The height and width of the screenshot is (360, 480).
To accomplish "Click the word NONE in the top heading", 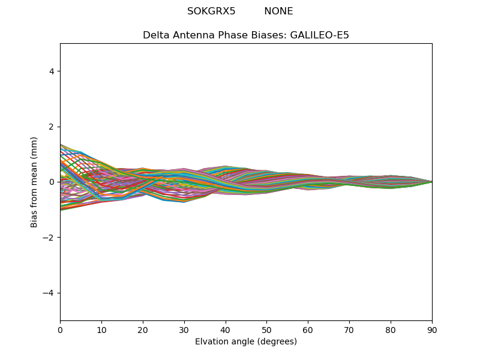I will (278, 11).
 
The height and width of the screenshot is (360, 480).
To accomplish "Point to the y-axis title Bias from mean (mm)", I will (34, 182).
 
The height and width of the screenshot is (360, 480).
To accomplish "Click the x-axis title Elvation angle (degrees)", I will (246, 342).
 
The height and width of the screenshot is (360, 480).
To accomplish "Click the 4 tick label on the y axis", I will (52, 71).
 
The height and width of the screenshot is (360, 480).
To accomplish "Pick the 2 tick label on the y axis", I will (52, 127).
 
